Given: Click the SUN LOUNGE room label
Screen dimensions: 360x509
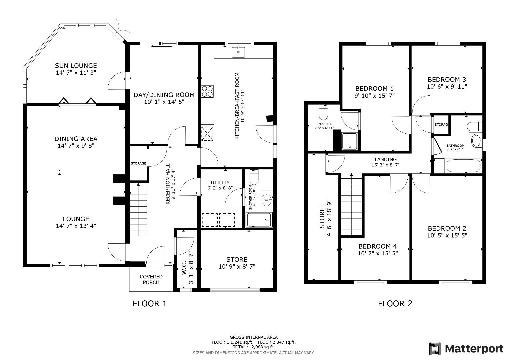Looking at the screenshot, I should [x=76, y=66].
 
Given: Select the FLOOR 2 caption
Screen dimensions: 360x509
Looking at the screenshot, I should [x=395, y=303].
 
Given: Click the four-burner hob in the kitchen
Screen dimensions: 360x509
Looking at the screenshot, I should [x=207, y=91].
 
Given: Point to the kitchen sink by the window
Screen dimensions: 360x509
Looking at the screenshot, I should [x=238, y=52].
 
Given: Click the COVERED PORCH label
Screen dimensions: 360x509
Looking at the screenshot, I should [x=151, y=279].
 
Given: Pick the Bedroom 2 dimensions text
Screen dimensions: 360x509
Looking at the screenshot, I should [x=447, y=235].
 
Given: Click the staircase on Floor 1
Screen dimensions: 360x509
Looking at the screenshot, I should [x=138, y=209].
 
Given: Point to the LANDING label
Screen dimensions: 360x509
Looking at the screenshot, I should [x=385, y=159].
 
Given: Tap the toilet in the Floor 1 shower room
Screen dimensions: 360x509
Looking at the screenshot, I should [x=254, y=177].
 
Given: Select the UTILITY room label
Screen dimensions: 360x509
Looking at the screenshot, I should [x=220, y=182].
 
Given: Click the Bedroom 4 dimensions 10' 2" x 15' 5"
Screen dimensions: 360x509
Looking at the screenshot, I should [x=377, y=253].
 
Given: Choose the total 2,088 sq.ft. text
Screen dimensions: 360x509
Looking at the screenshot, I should [x=254, y=347].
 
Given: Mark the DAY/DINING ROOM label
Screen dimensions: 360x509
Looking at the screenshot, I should [x=164, y=95].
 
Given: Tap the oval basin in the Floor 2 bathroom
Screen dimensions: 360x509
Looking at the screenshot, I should [x=476, y=141].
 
